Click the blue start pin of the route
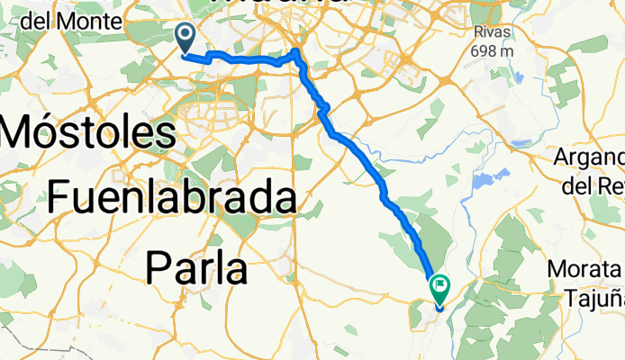pyautogui.click(x=186, y=38)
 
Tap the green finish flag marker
pyautogui.click(x=440, y=288)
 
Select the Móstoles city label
pyautogui.click(x=88, y=133)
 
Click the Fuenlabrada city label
pyautogui.click(x=172, y=197)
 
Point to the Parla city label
pyautogui.click(x=196, y=266)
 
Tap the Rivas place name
pyautogui.click(x=493, y=32)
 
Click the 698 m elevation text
pyautogui.click(x=493, y=49)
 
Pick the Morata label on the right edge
pyautogui.click(x=584, y=269)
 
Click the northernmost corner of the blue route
pyautogui.click(x=297, y=48)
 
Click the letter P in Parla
pyautogui.click(x=159, y=266)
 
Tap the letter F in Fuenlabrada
pyautogui.click(x=59, y=197)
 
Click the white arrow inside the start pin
pyautogui.click(x=186, y=36)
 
